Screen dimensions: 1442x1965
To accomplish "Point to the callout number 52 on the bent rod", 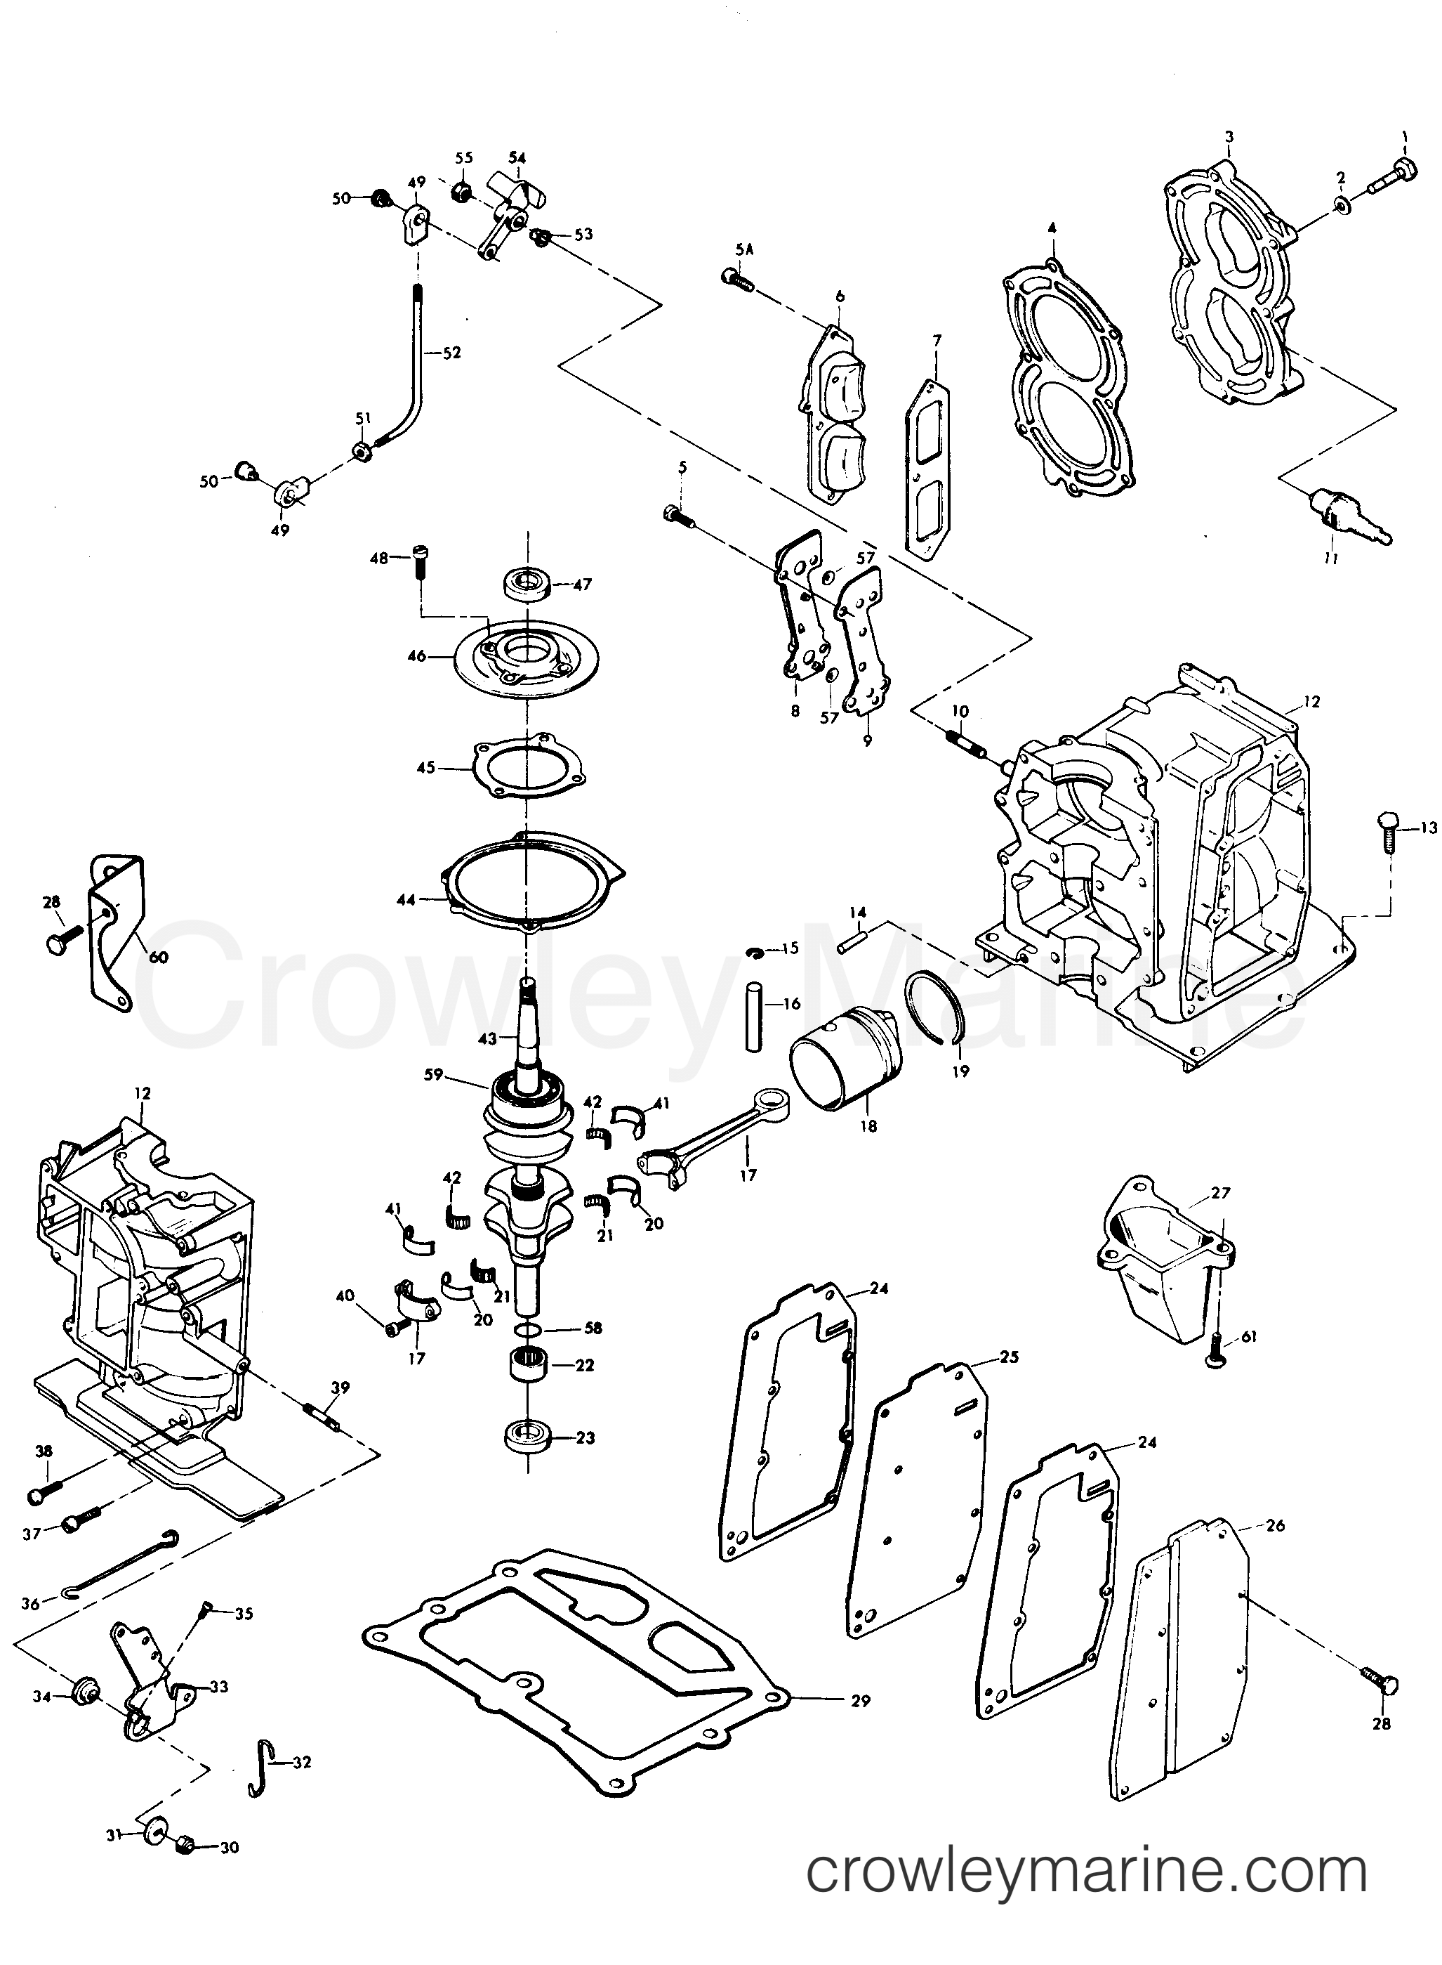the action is click(451, 353).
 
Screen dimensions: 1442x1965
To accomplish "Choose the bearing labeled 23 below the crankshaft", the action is click(528, 1437).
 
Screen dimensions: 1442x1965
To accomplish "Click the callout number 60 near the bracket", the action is click(158, 956).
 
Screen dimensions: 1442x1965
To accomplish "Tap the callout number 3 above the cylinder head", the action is click(1229, 136).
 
